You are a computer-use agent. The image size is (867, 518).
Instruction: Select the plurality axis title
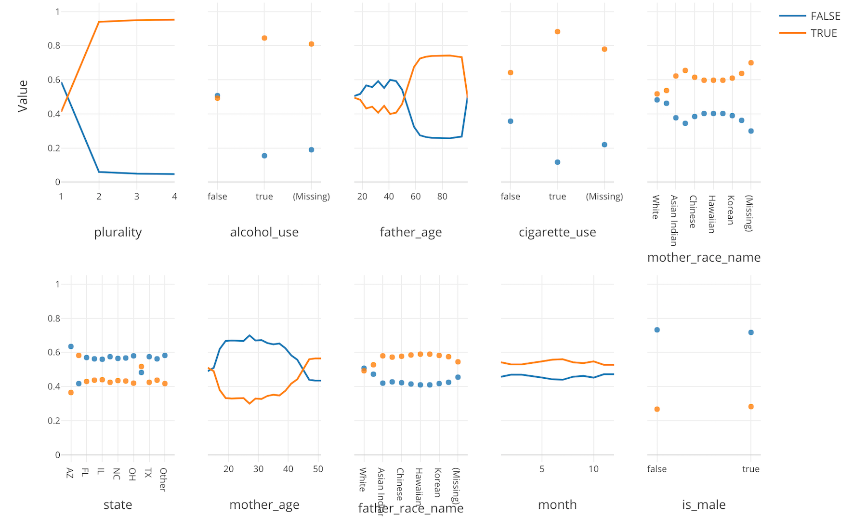coord(118,232)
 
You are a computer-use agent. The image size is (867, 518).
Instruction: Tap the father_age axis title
coord(410,232)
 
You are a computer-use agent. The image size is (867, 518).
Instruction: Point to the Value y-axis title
coord(23,96)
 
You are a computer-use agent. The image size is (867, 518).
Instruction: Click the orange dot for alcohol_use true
coord(264,38)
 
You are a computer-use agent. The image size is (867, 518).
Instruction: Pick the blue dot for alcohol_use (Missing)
coord(311,150)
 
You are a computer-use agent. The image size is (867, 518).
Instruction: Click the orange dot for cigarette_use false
coord(511,73)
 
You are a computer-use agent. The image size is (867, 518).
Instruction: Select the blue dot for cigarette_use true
coord(557,162)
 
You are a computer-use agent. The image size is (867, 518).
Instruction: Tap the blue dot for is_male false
coord(657,330)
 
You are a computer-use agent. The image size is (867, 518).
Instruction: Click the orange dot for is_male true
coord(751,407)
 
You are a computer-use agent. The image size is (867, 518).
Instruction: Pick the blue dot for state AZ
coord(71,346)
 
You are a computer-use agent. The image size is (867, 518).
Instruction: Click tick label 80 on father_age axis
coord(442,197)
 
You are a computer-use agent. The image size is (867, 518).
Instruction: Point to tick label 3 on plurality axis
coord(137,197)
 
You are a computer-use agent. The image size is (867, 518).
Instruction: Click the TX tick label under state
coord(148,473)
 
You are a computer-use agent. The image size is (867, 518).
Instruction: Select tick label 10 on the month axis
coord(593,469)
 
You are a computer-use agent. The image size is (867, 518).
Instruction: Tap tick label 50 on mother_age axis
coord(318,469)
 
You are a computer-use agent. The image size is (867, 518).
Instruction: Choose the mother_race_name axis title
coord(704,258)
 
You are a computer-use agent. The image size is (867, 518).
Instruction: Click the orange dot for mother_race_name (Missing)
coord(751,63)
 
